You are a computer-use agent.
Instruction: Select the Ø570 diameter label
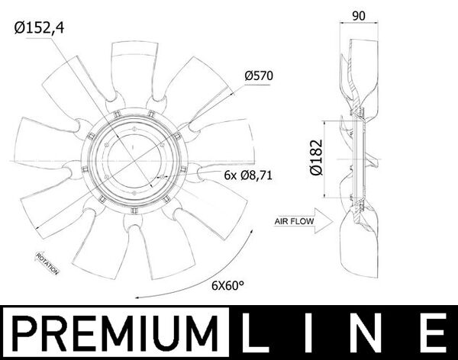tap(259, 76)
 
